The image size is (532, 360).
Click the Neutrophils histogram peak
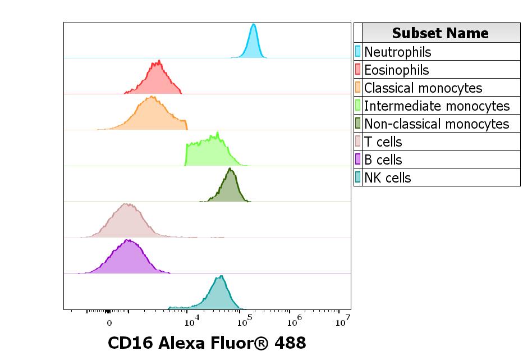(x=254, y=42)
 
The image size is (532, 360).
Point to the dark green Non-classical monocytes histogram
(x=228, y=188)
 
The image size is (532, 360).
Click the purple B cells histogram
(x=128, y=260)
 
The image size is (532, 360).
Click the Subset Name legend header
(x=441, y=33)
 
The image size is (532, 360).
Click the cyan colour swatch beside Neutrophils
(x=358, y=52)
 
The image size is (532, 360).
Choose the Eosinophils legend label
(x=396, y=70)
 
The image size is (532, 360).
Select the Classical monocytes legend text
(x=423, y=88)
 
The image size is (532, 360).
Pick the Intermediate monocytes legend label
(x=437, y=106)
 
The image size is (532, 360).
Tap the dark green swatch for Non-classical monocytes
(x=358, y=124)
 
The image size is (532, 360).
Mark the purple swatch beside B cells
(x=358, y=160)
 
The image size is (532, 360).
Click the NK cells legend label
(x=388, y=178)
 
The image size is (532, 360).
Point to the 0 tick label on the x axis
(x=109, y=323)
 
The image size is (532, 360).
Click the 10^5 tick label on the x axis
(x=244, y=322)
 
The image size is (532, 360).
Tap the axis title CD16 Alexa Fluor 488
(x=207, y=343)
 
